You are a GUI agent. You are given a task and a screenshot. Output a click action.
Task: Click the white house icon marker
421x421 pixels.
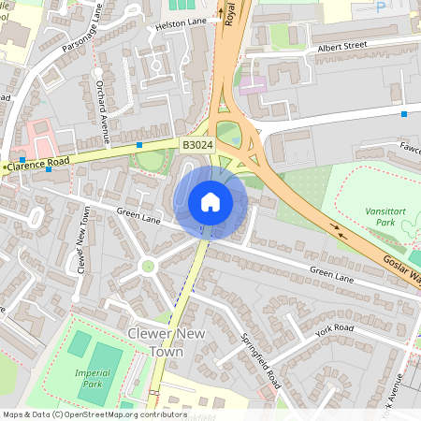(210, 201)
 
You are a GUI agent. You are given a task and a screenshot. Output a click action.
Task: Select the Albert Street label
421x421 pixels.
(342, 46)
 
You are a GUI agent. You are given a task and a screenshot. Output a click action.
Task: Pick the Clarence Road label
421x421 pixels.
(39, 163)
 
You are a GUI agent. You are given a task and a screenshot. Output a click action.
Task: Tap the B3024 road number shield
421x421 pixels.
(196, 145)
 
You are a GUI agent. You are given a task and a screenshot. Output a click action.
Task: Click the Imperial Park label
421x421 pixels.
(92, 378)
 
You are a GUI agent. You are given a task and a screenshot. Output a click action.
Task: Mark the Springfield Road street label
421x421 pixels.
(259, 360)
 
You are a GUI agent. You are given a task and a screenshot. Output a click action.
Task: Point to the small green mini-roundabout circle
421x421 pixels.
(147, 267)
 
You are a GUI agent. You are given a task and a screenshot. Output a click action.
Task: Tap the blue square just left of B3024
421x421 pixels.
(139, 145)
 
